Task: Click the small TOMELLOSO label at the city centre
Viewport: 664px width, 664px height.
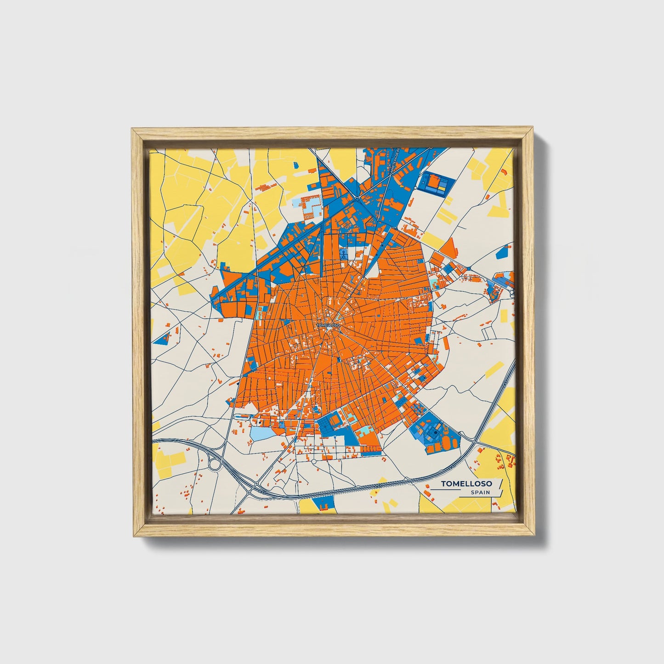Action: click(x=328, y=325)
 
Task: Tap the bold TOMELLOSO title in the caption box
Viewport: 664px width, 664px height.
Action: click(x=466, y=483)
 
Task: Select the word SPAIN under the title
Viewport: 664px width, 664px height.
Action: click(x=480, y=493)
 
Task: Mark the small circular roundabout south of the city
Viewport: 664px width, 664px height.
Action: click(x=314, y=461)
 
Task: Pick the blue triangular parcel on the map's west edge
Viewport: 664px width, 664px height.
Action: click(x=161, y=341)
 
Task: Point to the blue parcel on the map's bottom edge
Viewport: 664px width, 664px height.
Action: click(x=324, y=503)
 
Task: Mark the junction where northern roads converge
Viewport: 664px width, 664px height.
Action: click(x=357, y=199)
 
